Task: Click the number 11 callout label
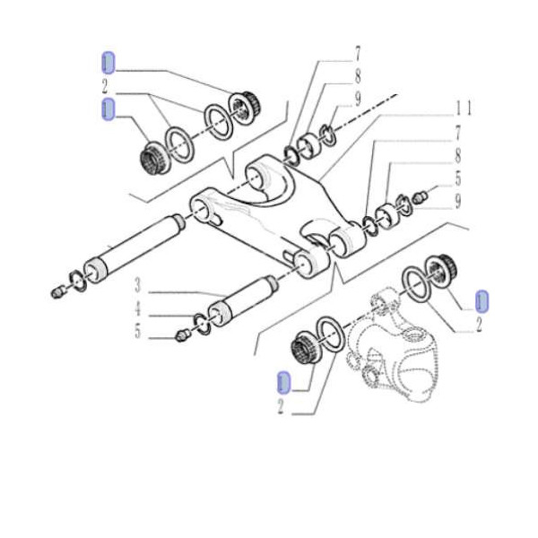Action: [463, 108]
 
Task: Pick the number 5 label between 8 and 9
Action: [457, 178]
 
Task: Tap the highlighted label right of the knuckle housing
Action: [481, 299]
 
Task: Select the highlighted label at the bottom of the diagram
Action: [283, 384]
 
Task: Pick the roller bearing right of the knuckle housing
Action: [442, 268]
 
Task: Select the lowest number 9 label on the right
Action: [457, 200]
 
